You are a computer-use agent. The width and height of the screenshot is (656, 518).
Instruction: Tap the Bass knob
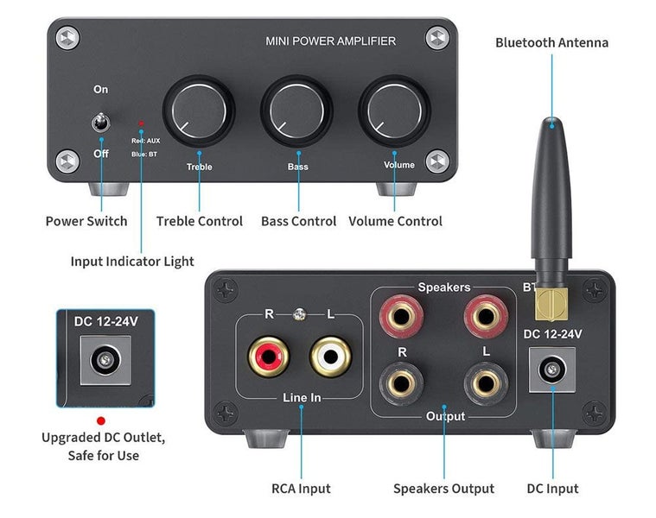coord(296,111)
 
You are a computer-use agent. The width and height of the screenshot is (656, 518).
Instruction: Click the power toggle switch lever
coord(99,123)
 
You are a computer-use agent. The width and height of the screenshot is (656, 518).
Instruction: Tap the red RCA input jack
coord(264,356)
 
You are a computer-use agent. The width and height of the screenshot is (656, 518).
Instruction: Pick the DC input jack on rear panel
coord(551,371)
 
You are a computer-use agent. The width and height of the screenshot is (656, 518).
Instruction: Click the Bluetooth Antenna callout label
coord(551,42)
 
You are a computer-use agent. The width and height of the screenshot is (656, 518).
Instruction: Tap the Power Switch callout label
coord(86,221)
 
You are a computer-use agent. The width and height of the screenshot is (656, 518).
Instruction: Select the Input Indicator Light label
coord(132,261)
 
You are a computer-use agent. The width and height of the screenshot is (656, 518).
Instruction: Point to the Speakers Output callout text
coord(443,489)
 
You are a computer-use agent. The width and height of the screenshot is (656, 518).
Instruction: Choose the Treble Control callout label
coord(199,221)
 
